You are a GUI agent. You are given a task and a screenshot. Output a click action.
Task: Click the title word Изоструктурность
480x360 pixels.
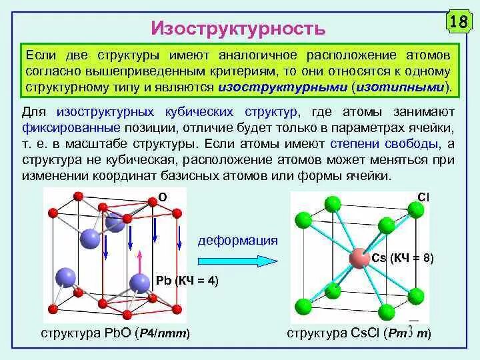[x=239, y=29]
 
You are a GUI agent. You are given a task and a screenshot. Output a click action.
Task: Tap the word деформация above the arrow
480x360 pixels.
[x=237, y=240]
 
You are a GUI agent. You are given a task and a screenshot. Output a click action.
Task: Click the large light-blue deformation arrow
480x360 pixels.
[x=236, y=260]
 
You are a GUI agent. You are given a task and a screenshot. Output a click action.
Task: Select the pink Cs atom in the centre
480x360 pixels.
[x=358, y=258]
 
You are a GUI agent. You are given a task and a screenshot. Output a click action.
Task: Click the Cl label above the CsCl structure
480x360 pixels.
[x=423, y=195]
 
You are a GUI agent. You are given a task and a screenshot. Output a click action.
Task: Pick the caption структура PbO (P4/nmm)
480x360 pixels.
[x=115, y=333]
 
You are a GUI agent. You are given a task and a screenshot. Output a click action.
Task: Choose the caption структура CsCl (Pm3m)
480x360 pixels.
[x=359, y=333]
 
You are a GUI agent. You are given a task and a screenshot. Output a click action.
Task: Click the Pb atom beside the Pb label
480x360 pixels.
[x=139, y=283]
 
